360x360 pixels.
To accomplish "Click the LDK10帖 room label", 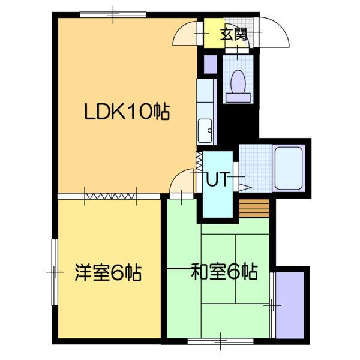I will click(126, 111).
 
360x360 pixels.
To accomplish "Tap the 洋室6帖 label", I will click(108, 273).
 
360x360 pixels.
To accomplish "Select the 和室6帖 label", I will click(224, 273).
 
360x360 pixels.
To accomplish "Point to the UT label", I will click(217, 179).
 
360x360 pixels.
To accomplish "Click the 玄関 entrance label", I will click(233, 34).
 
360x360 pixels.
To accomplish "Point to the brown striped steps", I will click(254, 208).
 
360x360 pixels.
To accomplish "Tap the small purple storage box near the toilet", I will click(209, 64).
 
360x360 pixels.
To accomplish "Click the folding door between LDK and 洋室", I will click(110, 194).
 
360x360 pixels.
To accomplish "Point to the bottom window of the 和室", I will click(221, 342).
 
